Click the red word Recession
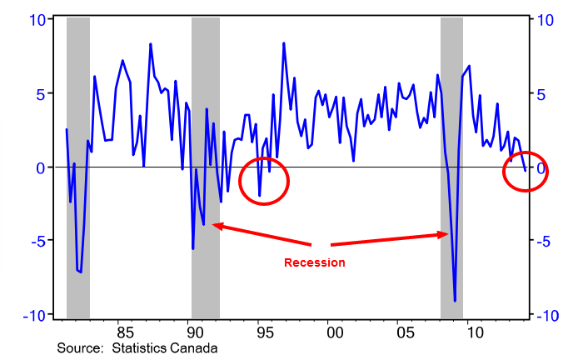(x=315, y=262)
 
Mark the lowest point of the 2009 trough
(x=455, y=301)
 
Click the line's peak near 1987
(x=151, y=44)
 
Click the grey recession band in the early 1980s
(x=77, y=167)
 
